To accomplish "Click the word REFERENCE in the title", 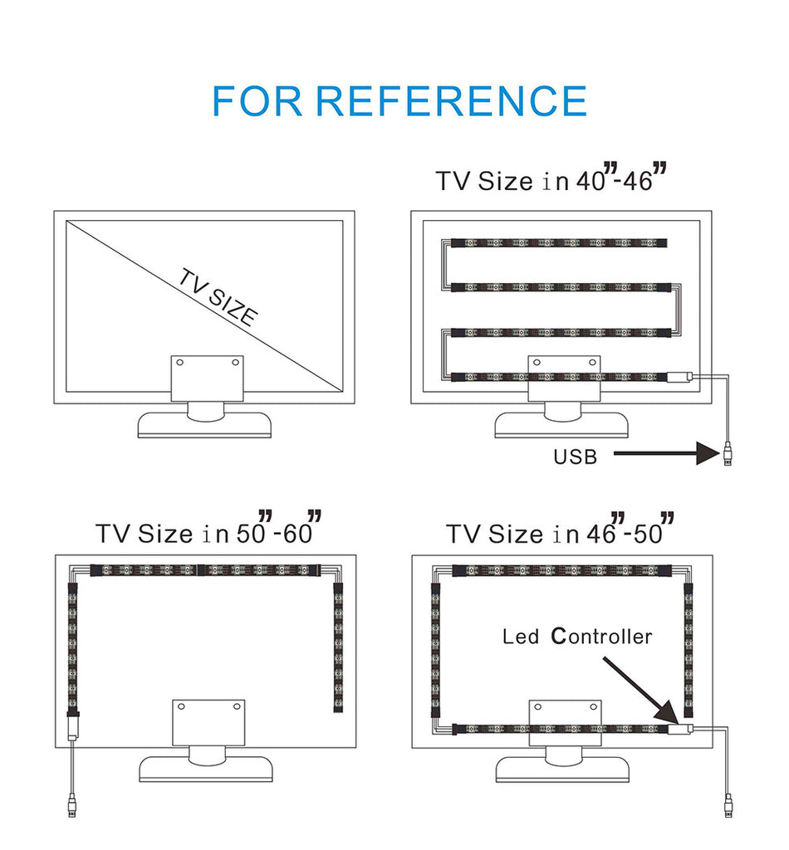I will tap(451, 100).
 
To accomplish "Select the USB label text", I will tap(575, 456).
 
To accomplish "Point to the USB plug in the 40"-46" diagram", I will tap(728, 454).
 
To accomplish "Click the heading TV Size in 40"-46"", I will tap(552, 179).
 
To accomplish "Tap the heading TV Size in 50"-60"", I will tap(208, 531).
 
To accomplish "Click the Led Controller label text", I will tap(577, 637).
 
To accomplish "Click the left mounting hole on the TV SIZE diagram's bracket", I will tap(179, 362).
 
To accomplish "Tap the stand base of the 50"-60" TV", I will tap(205, 769).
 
